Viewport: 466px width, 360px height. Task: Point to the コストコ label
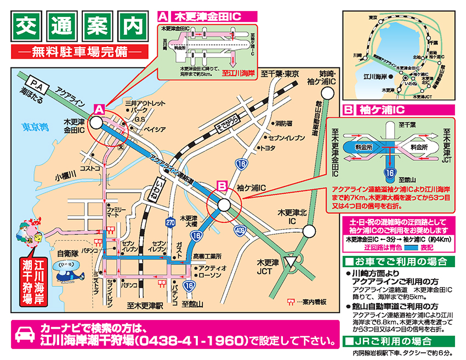(x=90, y=168)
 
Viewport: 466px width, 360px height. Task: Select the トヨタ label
(x=268, y=148)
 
